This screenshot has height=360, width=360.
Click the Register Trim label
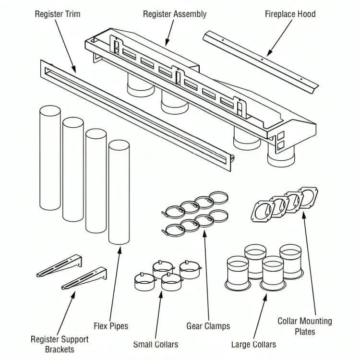58,14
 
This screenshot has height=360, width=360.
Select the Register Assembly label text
175,14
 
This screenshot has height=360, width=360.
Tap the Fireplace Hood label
290,14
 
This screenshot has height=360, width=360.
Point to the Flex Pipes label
111,326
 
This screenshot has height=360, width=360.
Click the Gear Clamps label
208,326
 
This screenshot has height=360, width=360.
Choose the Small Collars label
156,344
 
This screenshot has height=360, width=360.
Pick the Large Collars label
253,344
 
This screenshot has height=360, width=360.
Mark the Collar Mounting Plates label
305,326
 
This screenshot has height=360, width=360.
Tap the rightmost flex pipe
119,192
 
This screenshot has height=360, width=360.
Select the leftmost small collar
143,283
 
